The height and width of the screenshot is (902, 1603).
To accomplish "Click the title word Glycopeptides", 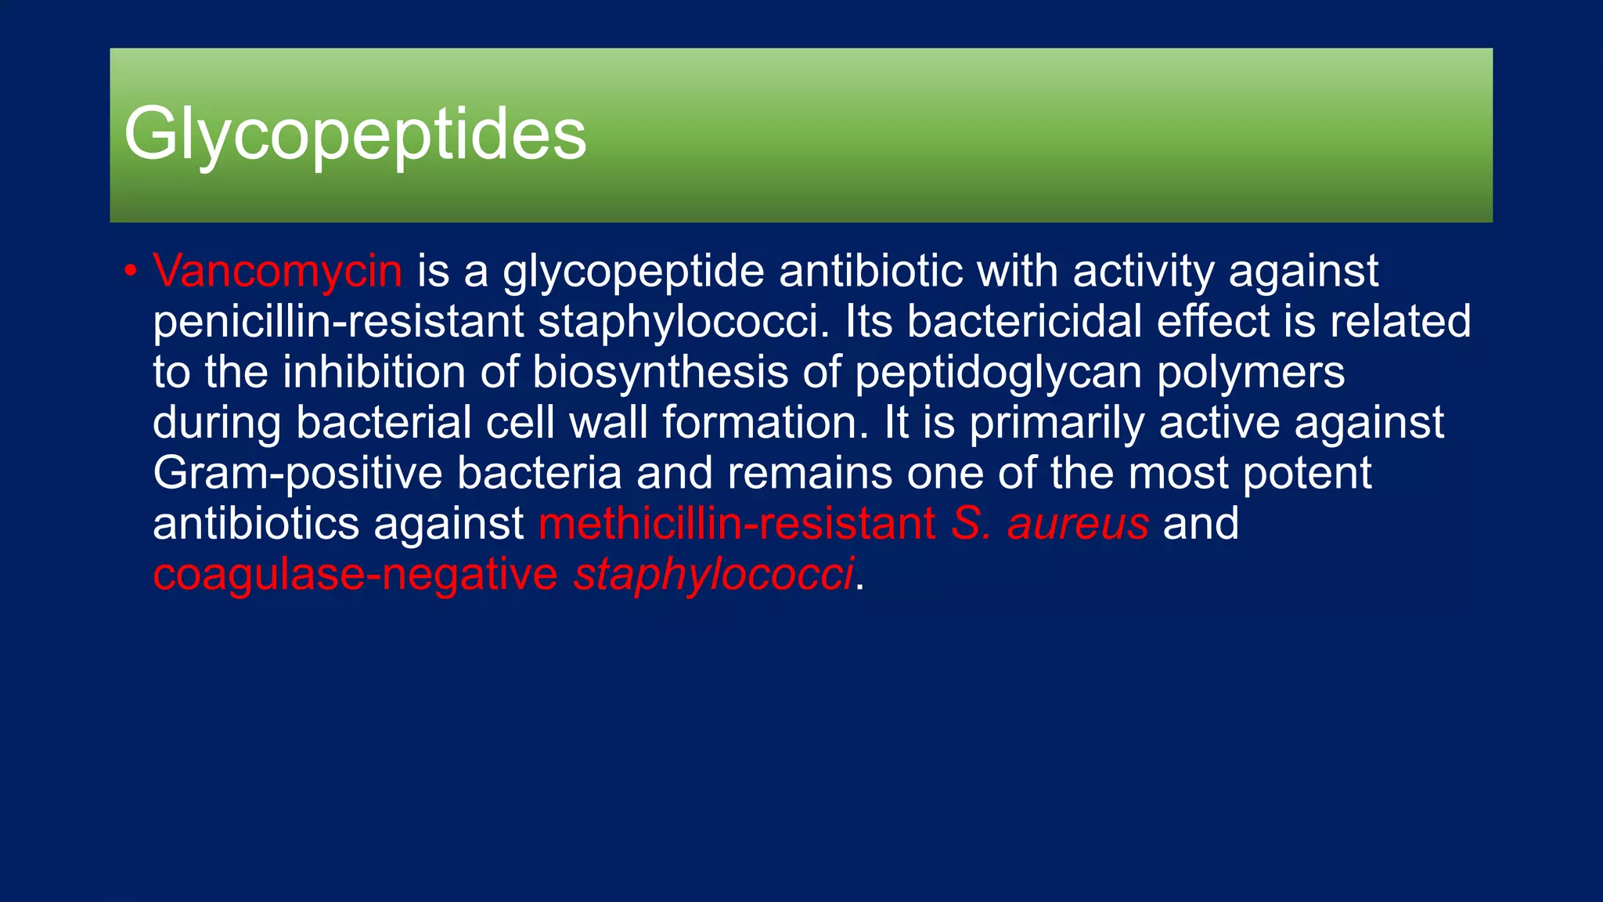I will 355,135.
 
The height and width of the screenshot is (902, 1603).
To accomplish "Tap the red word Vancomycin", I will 278,271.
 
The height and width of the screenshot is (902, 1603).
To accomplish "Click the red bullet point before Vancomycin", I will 131,272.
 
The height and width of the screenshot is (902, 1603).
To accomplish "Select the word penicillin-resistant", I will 338,322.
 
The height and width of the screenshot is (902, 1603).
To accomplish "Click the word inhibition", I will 374,372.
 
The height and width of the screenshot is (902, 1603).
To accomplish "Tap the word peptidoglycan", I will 998,372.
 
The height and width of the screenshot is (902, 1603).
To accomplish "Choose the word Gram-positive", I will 298,473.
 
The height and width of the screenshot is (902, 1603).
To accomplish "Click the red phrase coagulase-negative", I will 355,574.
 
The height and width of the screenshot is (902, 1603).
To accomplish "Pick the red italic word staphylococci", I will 713,574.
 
